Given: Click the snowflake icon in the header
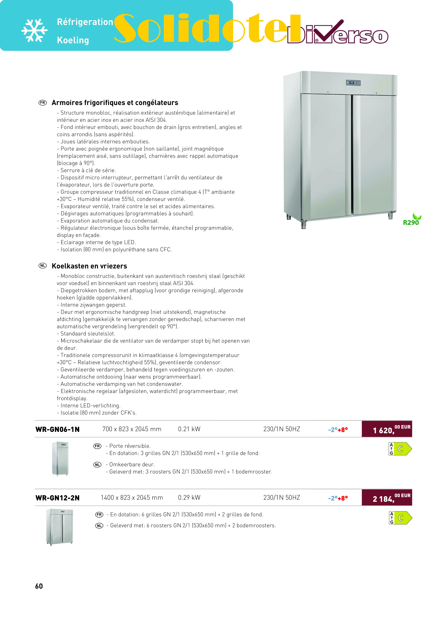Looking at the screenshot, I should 34,30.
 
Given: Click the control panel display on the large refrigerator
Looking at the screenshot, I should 353,82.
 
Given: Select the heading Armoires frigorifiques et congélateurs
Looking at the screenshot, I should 115,103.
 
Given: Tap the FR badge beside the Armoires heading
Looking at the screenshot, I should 43,103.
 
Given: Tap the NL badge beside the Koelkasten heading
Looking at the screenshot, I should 43,266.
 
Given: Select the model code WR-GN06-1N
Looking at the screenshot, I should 58,429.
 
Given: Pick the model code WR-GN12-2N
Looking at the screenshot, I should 58,498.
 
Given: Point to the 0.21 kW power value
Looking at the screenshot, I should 189,429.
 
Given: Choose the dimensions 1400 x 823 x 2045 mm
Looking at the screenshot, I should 132,497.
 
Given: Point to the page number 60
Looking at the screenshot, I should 39,586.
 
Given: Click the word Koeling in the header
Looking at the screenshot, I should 73,40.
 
